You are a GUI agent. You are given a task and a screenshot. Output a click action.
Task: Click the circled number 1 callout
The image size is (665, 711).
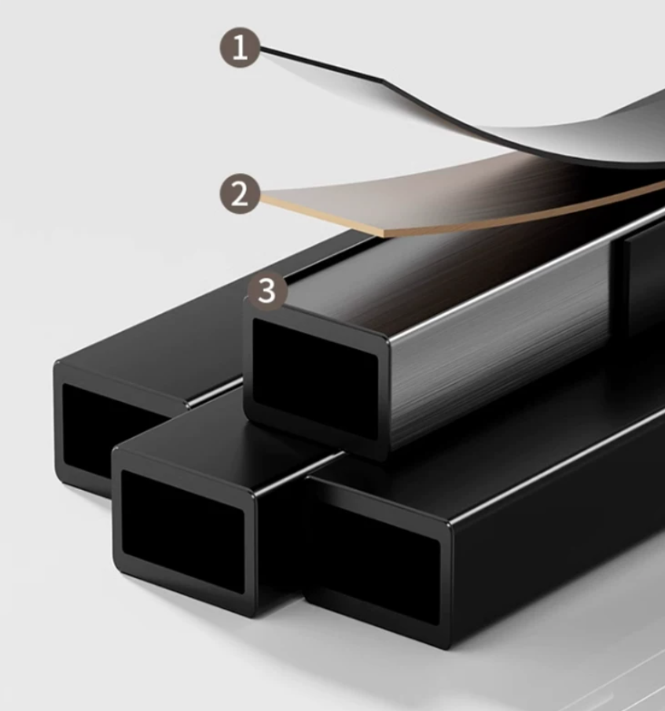(x=240, y=48)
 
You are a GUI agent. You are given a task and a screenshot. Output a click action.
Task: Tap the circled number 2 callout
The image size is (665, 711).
(x=240, y=193)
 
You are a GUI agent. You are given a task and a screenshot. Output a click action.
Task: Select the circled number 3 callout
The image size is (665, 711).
(x=267, y=290)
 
